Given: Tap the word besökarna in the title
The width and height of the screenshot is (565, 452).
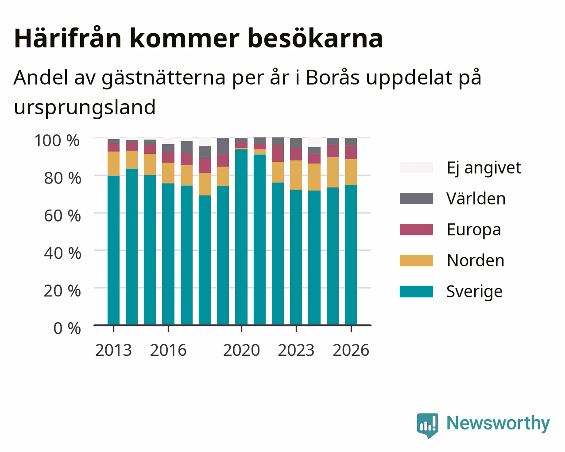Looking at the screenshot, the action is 315,39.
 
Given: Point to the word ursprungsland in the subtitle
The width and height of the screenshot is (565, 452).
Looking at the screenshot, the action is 85,108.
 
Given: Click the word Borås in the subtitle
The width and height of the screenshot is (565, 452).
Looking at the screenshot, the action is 333,78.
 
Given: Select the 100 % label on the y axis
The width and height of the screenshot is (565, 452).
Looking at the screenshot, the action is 57,140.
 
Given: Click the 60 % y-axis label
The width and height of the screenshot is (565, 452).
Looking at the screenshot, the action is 62,216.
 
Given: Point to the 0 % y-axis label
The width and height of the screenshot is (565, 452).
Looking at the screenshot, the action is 67,328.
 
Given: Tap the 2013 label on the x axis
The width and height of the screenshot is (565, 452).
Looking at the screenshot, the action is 113,350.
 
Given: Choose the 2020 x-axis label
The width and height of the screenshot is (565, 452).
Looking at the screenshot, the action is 241,350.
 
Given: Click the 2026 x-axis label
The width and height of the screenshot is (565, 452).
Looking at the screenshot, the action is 351,350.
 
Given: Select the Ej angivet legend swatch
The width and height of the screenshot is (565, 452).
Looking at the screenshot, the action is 416,168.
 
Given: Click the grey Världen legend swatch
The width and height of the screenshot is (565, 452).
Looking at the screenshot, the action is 416,199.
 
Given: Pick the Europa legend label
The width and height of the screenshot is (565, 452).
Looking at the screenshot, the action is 474,230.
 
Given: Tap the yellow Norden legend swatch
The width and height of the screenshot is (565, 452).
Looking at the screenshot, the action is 416,261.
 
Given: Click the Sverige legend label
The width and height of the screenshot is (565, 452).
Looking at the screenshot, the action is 474,292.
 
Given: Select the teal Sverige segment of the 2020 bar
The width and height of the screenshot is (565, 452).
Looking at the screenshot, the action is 241,237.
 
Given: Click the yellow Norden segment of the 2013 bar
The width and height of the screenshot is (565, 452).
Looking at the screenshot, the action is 113,164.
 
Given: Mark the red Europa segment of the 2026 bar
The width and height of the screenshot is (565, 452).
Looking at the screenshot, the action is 351,152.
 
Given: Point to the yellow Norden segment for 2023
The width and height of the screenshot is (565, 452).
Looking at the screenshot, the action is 296,175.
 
